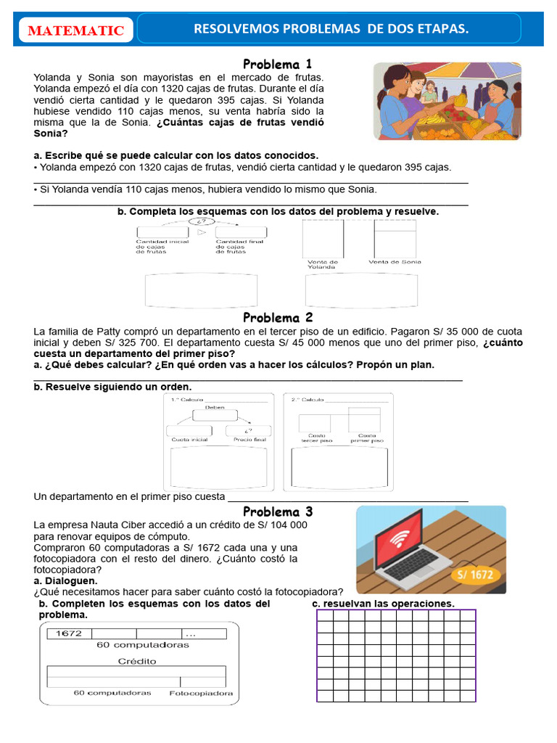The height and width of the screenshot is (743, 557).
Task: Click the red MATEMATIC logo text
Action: coord(75,30)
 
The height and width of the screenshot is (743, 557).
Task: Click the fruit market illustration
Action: coord(447,101)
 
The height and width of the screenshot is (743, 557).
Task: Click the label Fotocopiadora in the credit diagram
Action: coord(201,693)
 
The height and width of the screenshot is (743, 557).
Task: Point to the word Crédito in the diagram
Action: coord(137,661)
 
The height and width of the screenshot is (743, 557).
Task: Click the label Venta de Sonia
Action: coord(395,262)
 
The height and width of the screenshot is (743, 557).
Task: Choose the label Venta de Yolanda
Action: coord(323,264)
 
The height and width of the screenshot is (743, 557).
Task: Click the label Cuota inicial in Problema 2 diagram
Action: coord(189,440)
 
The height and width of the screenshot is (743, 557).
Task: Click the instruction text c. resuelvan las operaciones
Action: coord(383,604)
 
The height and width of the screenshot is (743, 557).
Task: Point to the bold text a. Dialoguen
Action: coord(65,580)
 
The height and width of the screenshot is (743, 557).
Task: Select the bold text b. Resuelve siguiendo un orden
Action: coord(112,387)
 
